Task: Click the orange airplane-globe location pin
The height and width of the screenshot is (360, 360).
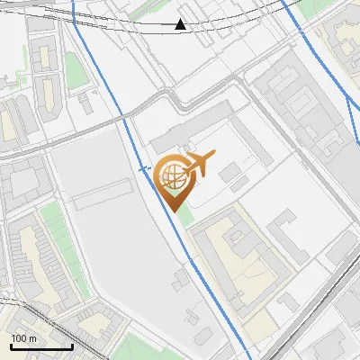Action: coord(174,180)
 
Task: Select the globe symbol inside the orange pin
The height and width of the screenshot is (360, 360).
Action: coord(172,174)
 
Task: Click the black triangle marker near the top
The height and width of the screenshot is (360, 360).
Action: coord(181,24)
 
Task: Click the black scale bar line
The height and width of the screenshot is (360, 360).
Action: coord(41,346)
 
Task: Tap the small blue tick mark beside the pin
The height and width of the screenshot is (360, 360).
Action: coord(143,167)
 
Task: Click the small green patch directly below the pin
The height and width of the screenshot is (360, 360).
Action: coord(184,217)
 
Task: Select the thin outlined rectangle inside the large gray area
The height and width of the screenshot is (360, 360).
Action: coord(103,194)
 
